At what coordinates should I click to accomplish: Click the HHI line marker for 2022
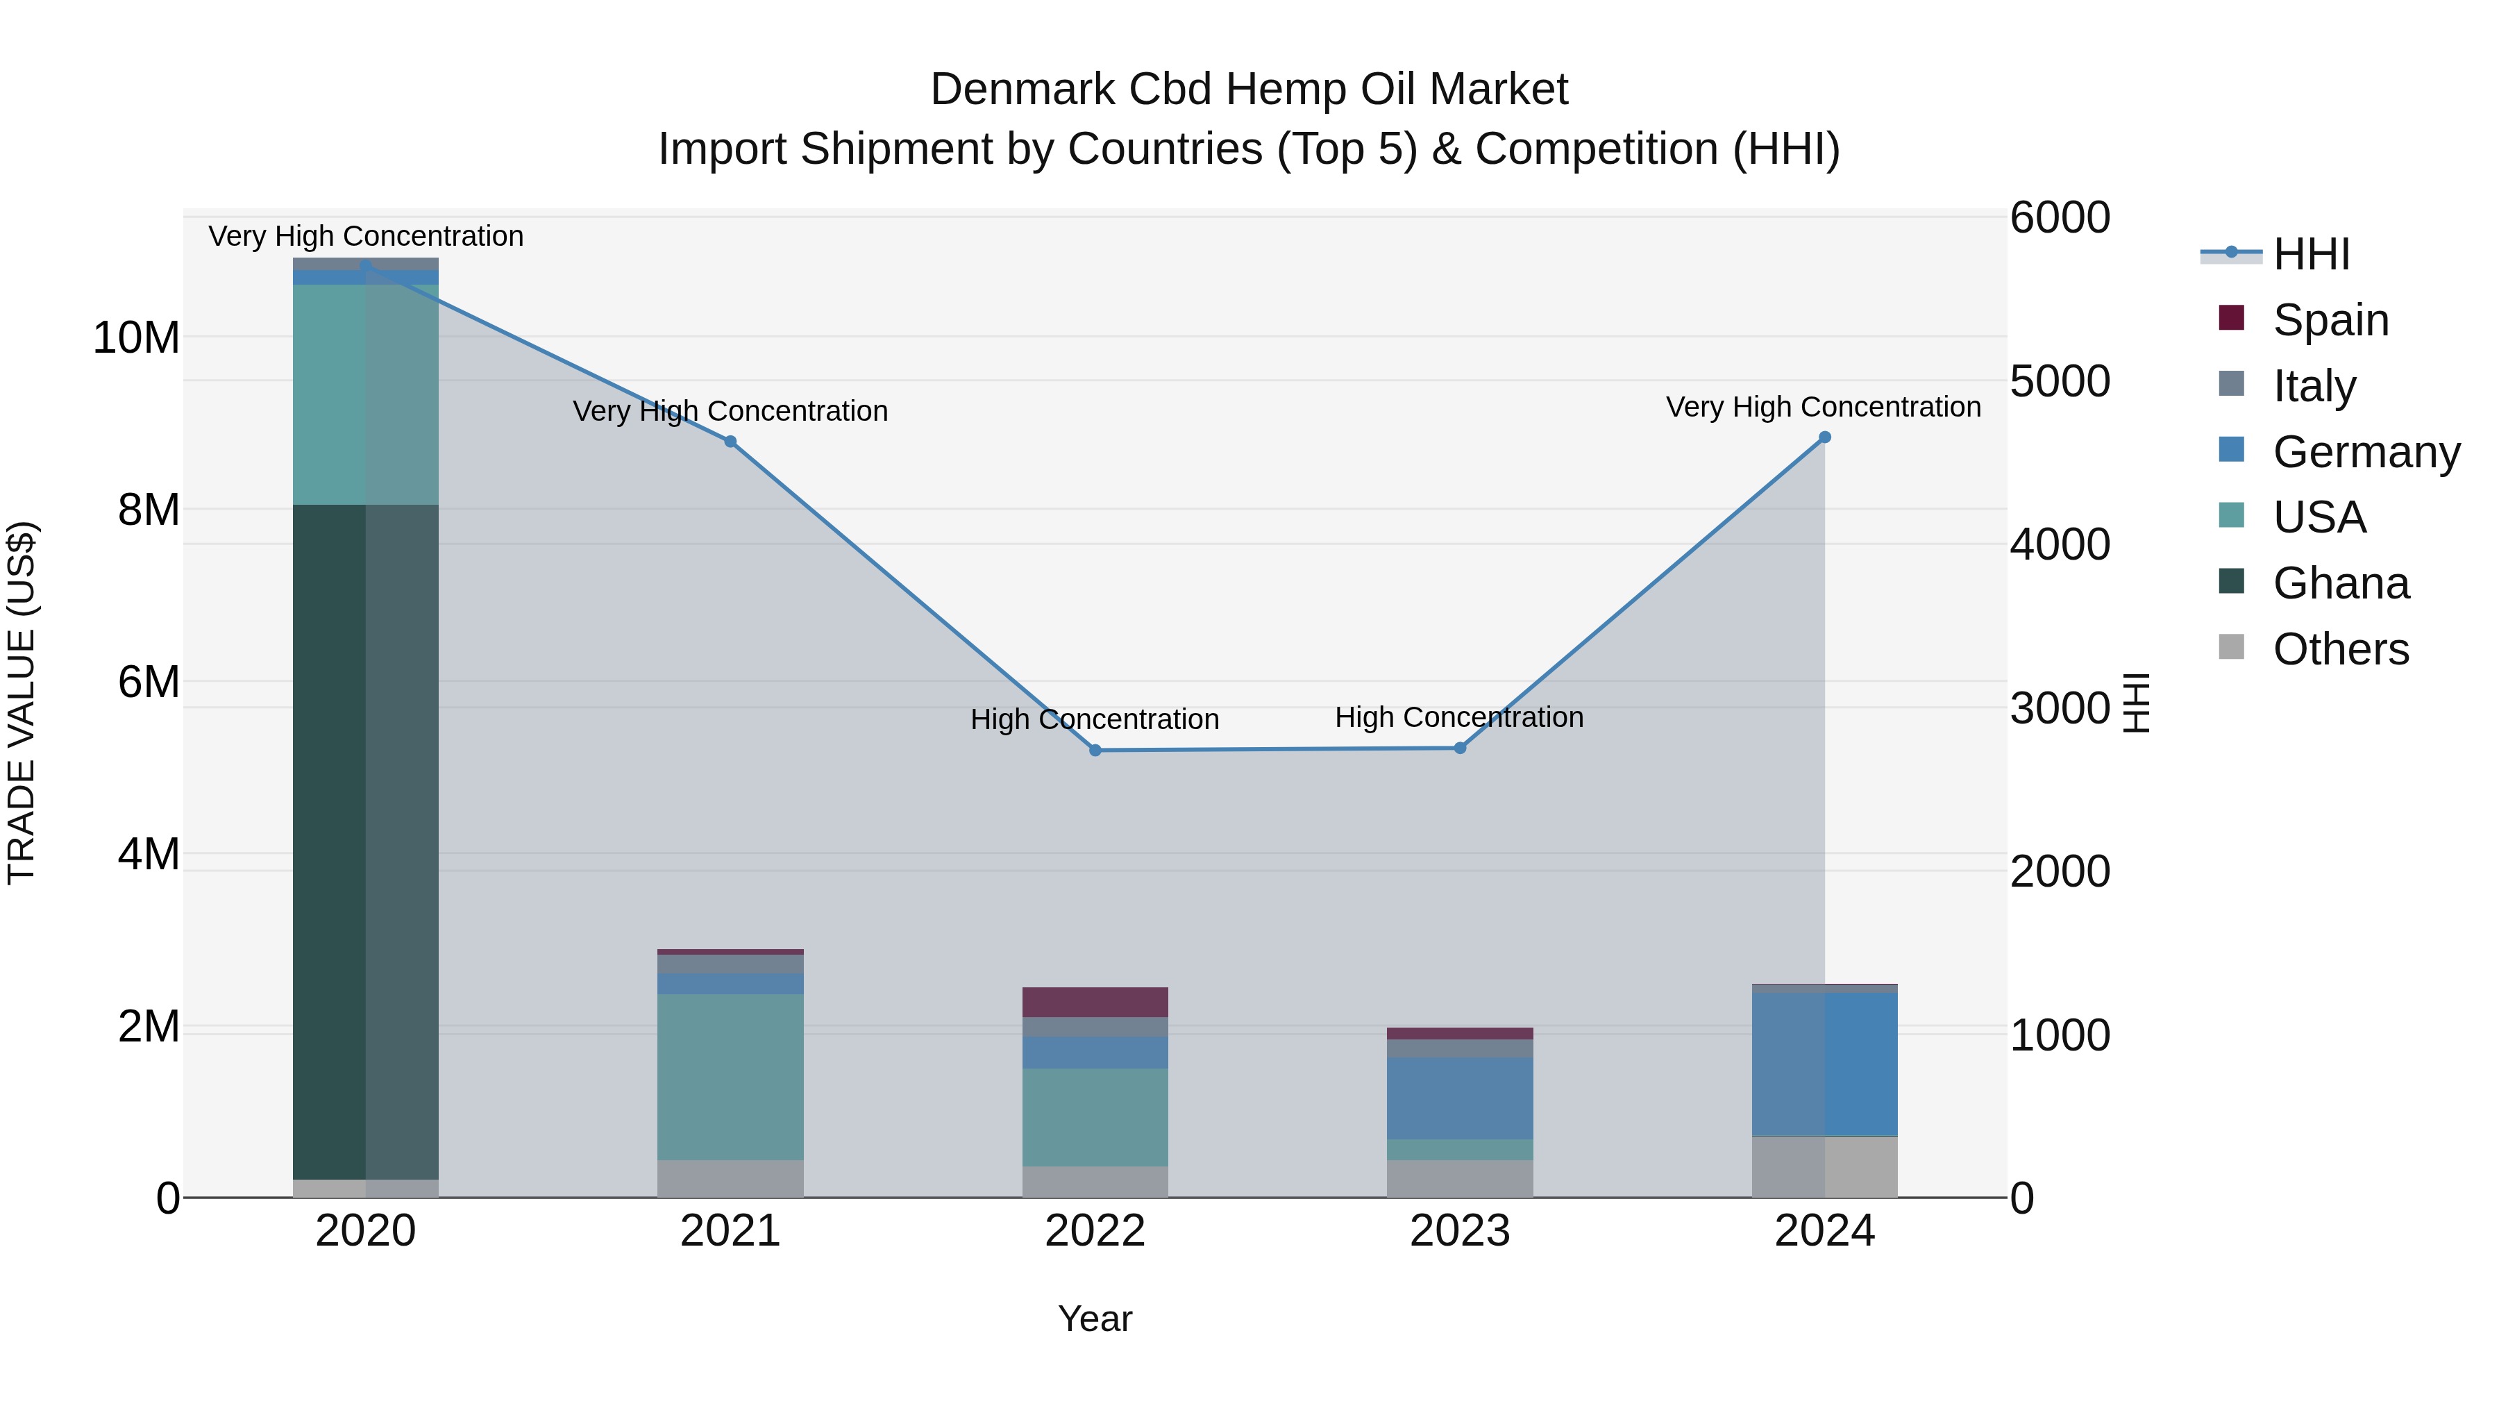[1095, 750]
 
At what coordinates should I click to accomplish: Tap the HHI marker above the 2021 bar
[730, 442]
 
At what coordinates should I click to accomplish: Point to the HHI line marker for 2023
[1460, 748]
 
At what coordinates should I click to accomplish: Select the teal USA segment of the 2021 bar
[730, 1077]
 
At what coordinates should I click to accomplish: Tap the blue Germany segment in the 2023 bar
[1460, 1098]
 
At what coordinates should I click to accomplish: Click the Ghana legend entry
[2340, 583]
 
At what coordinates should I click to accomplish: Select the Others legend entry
[2340, 649]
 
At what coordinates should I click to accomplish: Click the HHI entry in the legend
[2311, 254]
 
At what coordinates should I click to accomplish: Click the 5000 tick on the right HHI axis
[2059, 381]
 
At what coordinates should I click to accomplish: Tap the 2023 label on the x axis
[1460, 1231]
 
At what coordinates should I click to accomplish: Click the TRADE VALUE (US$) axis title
[22, 703]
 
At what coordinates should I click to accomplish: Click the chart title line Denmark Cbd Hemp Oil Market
[1249, 90]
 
